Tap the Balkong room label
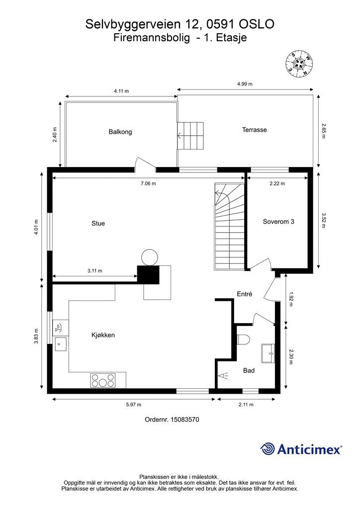[120, 132]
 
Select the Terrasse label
[255, 130]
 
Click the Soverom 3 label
[278, 222]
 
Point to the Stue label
[98, 223]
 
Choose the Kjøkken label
[103, 335]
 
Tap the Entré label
[245, 294]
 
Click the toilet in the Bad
[244, 339]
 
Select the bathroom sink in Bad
[268, 353]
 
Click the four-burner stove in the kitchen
[103, 380]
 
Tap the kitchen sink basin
[61, 344]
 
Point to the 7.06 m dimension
[148, 183]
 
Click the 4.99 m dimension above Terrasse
[245, 84]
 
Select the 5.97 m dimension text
[133, 405]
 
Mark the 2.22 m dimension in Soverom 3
[277, 183]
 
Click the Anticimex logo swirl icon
[267, 449]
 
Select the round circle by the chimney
[150, 257]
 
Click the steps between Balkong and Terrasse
[190, 136]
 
